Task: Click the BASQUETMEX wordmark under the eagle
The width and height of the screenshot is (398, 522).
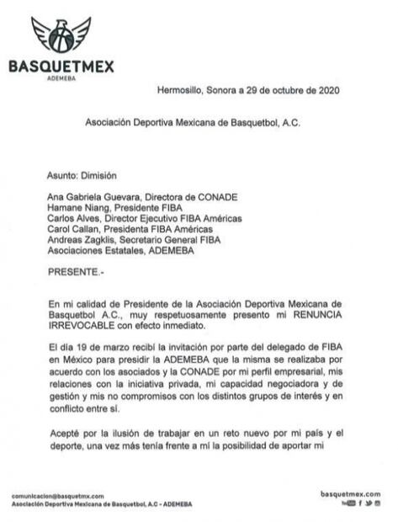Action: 61,67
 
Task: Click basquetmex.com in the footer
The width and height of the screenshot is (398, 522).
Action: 350,493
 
